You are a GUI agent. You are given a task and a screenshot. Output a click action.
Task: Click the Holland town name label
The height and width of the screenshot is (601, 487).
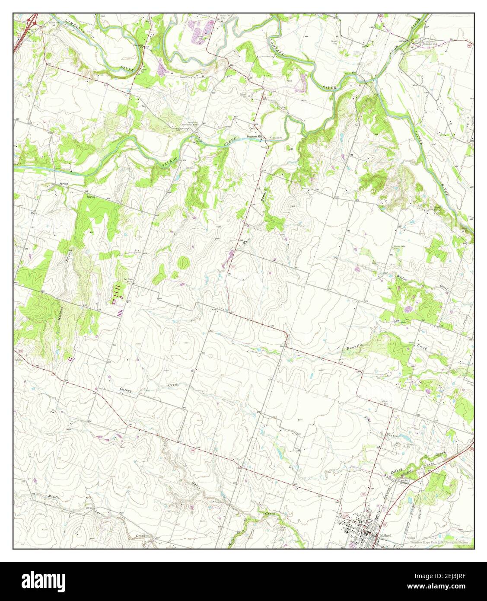[x=385, y=535]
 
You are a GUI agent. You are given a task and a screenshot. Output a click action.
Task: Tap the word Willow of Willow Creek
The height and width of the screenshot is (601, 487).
[x=403, y=277]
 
